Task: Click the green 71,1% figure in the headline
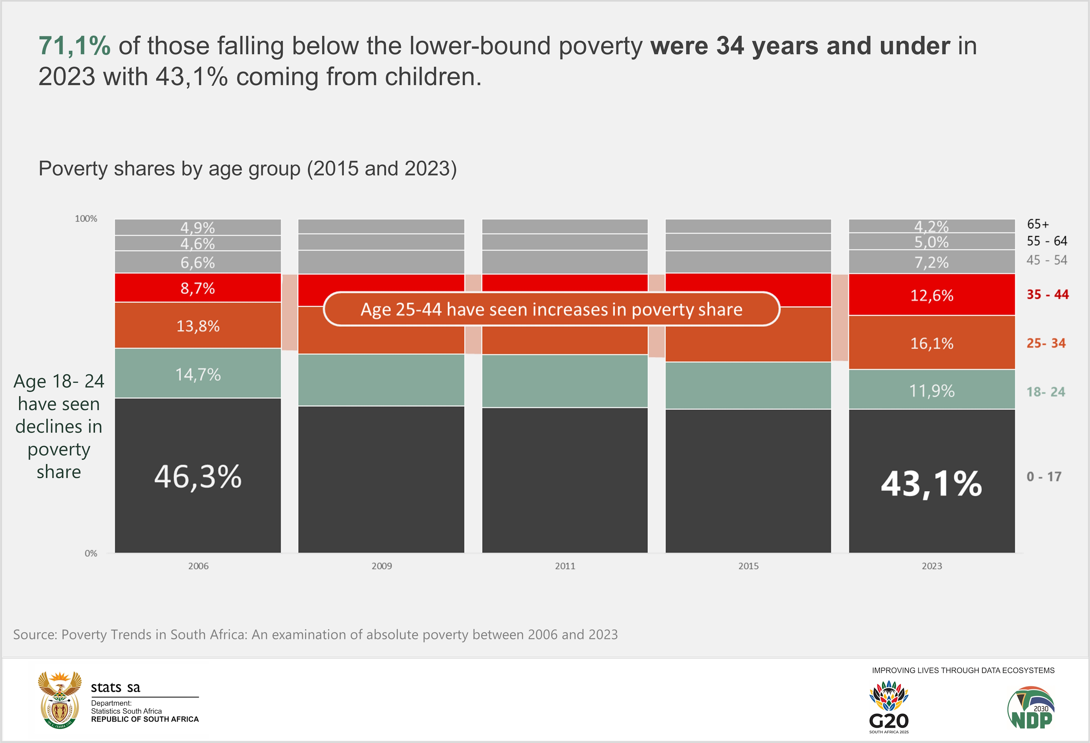tap(74, 46)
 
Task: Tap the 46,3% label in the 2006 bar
tap(198, 477)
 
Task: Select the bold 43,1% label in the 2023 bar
tap(932, 483)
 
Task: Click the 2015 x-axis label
tap(748, 566)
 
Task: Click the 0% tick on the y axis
tap(91, 553)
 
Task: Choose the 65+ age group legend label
tap(1037, 224)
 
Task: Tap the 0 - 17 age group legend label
tap(1043, 477)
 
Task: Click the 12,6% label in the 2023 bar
tap(932, 295)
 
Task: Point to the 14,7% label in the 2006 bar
tap(198, 374)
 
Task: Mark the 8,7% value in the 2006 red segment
tap(198, 288)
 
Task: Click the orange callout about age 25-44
tap(551, 309)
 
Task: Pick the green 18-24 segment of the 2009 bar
tap(381, 380)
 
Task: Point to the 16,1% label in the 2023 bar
tap(932, 344)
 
